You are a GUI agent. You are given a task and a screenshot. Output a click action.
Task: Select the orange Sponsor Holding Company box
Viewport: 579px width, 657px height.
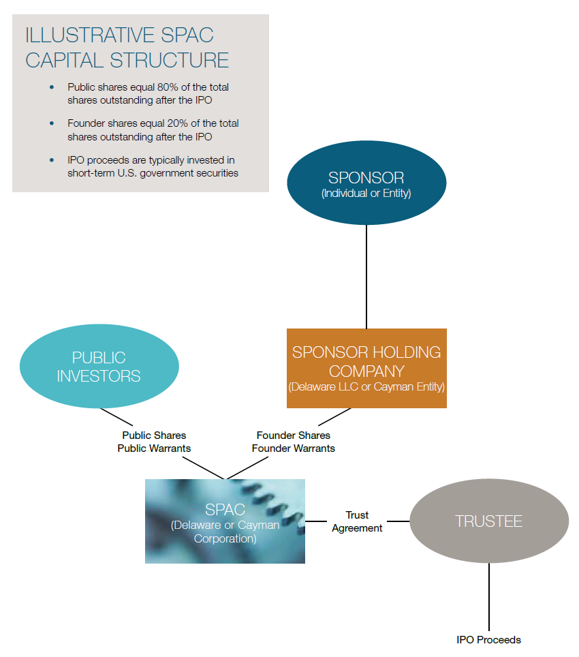[x=366, y=368]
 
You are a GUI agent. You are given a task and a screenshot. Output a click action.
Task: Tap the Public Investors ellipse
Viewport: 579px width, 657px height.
[x=99, y=366]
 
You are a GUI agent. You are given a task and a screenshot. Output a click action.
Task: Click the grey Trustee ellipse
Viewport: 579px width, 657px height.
[x=488, y=521]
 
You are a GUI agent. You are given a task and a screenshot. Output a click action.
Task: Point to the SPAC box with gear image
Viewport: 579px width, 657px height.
[x=225, y=521]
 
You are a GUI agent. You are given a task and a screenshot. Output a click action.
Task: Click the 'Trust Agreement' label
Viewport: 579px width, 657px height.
[x=357, y=521]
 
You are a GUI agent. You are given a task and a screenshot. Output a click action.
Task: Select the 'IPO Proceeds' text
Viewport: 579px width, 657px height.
[x=488, y=640]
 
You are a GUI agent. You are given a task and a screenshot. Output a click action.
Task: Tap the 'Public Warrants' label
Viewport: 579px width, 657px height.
[x=154, y=448]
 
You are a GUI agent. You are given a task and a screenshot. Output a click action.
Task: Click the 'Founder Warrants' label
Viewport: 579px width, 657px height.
[x=293, y=448]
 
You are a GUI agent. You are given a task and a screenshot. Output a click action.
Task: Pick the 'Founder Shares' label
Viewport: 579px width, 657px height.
[x=293, y=435]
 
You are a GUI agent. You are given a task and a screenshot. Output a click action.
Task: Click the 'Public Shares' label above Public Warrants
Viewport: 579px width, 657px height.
[x=154, y=435]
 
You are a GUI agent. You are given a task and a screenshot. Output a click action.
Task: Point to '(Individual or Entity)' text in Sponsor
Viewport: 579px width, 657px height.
[x=366, y=194]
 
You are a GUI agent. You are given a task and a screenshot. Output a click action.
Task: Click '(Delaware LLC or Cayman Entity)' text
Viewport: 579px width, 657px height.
[x=366, y=386]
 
